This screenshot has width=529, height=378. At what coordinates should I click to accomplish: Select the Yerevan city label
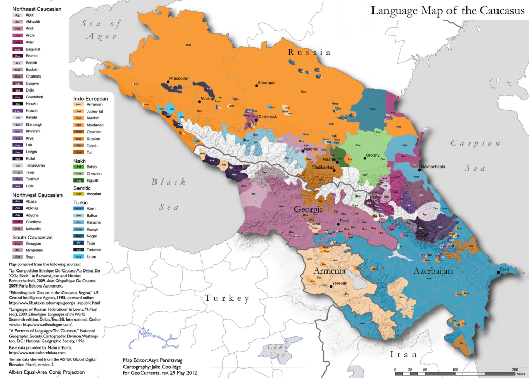point(340,284)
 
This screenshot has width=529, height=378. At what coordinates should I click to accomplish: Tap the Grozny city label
point(372,155)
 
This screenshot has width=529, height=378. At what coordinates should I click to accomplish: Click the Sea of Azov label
point(102,31)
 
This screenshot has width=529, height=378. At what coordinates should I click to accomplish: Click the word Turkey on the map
point(227,298)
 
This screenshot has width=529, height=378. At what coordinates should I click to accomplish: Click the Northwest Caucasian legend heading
point(37,195)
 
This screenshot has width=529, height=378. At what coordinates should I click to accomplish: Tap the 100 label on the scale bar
point(455,369)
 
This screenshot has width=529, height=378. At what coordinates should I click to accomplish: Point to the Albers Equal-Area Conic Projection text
point(43,372)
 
